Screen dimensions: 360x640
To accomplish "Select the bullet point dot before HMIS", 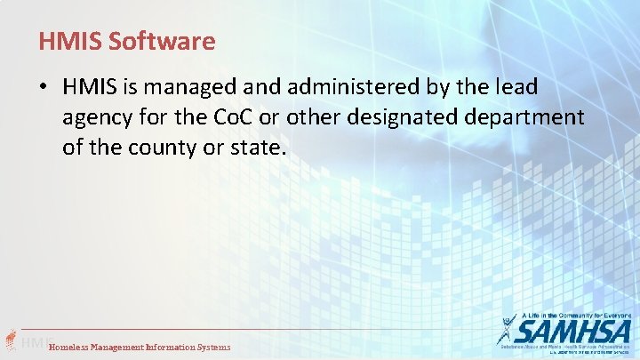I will [44, 88].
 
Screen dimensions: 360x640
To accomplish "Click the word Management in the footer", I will [125, 347].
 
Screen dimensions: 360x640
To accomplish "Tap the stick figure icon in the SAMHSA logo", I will [508, 332].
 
